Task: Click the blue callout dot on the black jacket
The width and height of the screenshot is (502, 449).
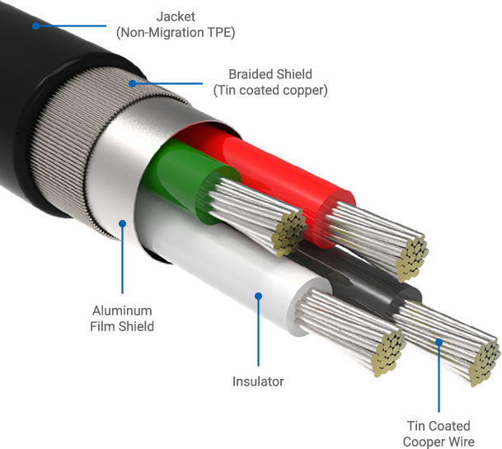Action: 35,26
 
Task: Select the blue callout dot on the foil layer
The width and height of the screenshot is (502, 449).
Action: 122,222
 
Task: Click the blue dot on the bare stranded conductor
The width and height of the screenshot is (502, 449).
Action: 439,342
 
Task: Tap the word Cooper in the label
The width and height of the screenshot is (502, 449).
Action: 422,442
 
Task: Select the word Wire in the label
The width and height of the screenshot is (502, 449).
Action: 459,442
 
